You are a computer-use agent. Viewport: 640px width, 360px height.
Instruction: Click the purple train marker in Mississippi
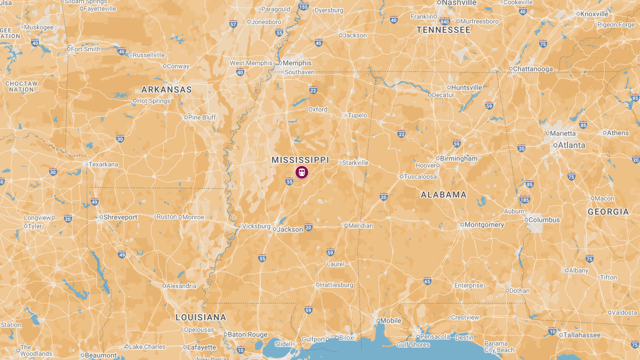[x=302, y=172]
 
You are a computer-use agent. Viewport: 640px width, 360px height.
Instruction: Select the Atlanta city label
[x=571, y=145]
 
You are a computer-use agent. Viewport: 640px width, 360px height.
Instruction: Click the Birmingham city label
[x=459, y=158]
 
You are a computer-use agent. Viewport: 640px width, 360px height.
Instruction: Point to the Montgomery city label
[x=484, y=225]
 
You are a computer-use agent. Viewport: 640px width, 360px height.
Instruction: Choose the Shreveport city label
[x=120, y=217]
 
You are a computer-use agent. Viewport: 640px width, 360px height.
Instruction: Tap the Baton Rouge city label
[x=247, y=335]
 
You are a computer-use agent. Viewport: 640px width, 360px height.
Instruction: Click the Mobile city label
[x=391, y=321]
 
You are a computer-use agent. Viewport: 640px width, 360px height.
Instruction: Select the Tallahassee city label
[x=582, y=335]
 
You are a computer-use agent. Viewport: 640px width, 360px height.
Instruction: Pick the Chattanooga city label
[x=533, y=69]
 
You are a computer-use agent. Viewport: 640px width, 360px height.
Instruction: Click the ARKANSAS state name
[x=166, y=90]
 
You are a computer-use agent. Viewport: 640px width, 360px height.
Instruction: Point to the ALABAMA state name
[x=444, y=195]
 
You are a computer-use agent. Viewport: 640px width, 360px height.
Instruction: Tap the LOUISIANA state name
[x=201, y=317]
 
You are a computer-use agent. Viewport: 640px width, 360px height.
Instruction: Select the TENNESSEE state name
[x=443, y=30]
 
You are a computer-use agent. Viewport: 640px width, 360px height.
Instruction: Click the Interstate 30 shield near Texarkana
[x=52, y=172]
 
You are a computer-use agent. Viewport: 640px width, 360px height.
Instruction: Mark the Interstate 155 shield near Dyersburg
[x=303, y=7]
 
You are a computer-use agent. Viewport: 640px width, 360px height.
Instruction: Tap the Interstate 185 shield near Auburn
[x=525, y=200]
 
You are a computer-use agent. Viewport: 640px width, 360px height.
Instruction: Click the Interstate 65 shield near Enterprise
[x=427, y=281]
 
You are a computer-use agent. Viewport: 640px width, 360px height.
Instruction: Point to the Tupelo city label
[x=358, y=115]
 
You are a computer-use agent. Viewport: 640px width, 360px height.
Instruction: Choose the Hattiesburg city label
[x=336, y=285]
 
